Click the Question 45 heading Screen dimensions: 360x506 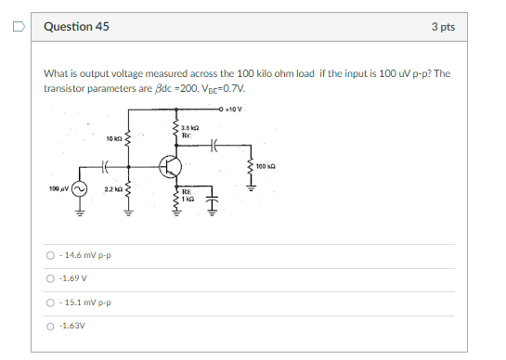(x=76, y=26)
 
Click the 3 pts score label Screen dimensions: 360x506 (x=443, y=26)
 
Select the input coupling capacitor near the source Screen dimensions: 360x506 (x=106, y=168)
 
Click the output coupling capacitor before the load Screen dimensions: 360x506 (x=214, y=144)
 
